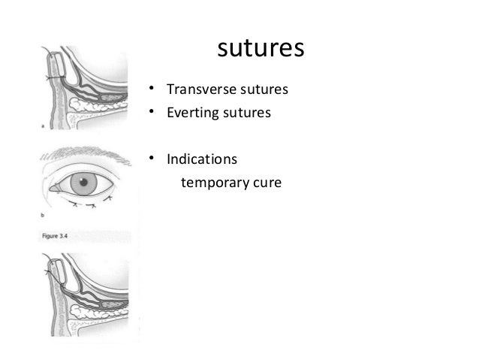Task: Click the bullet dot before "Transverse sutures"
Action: click(x=151, y=90)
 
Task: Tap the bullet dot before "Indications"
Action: click(x=151, y=159)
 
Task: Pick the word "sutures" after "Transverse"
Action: click(x=264, y=90)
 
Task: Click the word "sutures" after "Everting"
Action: click(x=248, y=114)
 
